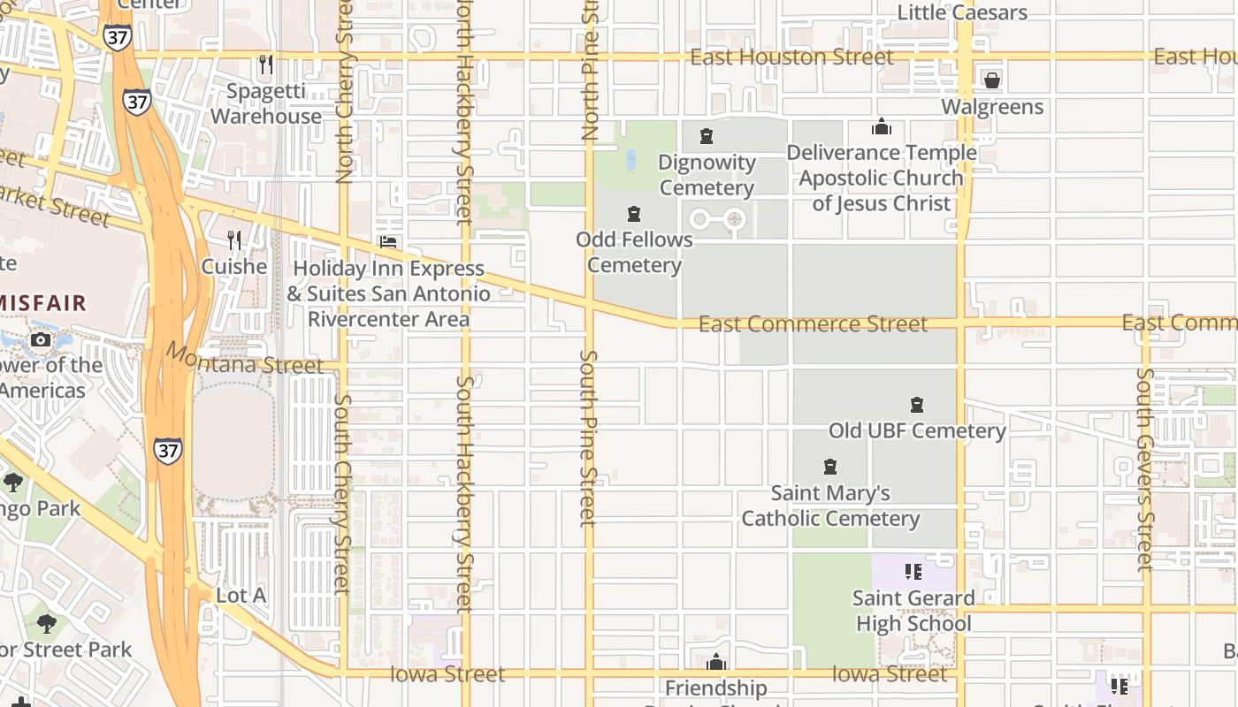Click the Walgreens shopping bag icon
[x=992, y=80]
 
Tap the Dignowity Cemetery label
[x=707, y=175]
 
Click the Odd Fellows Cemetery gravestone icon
[x=634, y=214]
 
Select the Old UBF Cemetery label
[x=917, y=430]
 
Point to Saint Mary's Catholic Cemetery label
[x=830, y=506]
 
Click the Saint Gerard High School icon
[x=913, y=572]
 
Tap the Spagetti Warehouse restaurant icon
[x=265, y=65]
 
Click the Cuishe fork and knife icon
[x=234, y=240]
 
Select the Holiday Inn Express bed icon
[x=387, y=241]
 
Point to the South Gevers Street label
[x=1145, y=468]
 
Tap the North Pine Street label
[x=591, y=71]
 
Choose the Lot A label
[x=241, y=596]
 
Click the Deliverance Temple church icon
[x=882, y=127]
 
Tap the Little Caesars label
[x=962, y=12]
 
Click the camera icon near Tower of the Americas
[x=40, y=339]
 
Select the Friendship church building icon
[x=716, y=662]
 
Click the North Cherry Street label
[x=345, y=106]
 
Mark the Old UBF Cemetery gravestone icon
[x=917, y=405]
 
